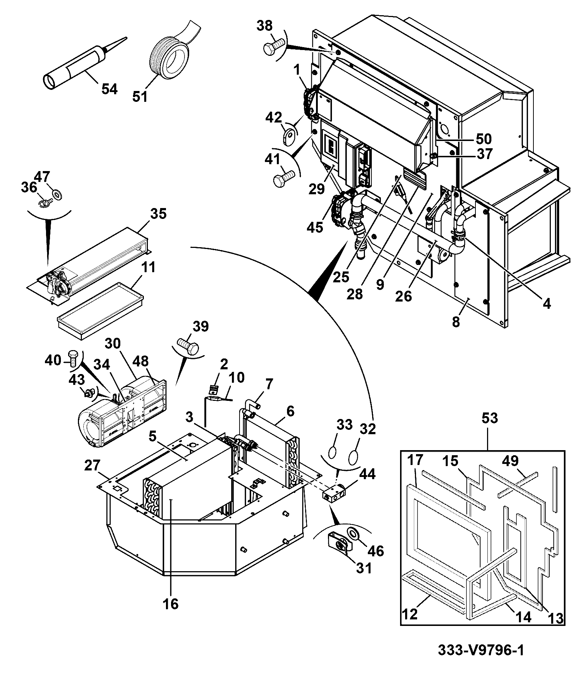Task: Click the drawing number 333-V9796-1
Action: [481, 650]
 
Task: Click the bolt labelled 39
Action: [188, 346]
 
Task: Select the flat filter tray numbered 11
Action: [100, 311]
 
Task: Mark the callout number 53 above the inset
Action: [490, 418]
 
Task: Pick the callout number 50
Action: [483, 138]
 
